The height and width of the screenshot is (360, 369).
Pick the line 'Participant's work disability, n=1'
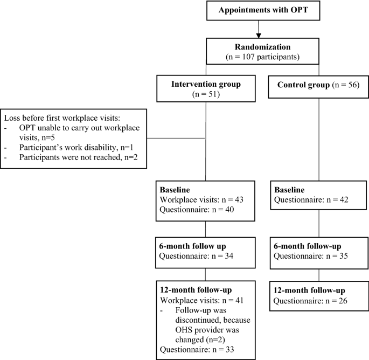click(75, 147)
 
